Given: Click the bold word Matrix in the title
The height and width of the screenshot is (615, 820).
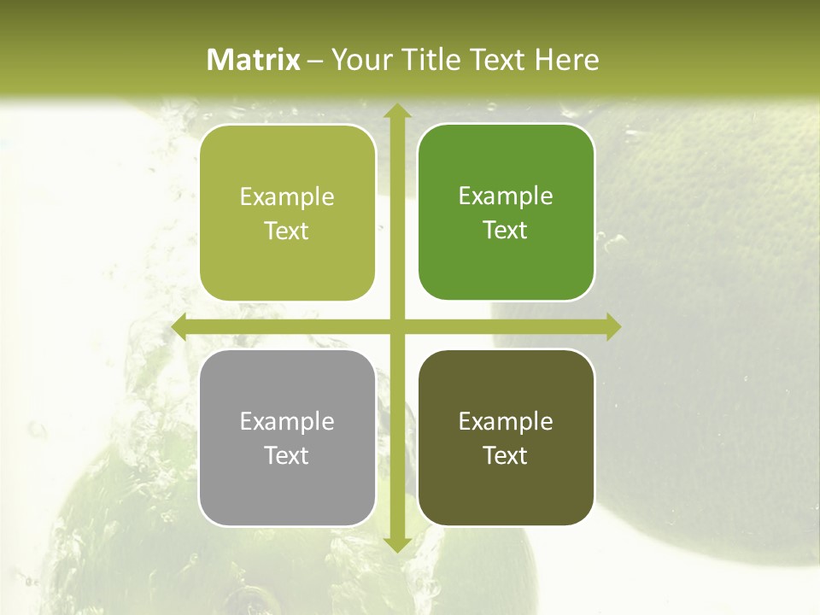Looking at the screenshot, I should tap(254, 60).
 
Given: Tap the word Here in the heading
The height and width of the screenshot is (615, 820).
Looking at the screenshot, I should tap(566, 60).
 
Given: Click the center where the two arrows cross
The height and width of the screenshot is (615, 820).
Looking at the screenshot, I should tap(396, 327).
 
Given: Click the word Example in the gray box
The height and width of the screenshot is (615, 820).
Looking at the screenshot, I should tap(287, 422).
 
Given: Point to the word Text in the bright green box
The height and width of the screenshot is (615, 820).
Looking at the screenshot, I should tap(506, 231).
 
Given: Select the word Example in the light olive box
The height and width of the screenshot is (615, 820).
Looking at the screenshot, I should tap(287, 197).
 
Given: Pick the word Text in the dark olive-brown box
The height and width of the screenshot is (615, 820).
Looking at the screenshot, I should tap(506, 455).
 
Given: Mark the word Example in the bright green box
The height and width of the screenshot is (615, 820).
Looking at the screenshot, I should tap(506, 196).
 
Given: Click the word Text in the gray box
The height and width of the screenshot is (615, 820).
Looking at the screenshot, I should tap(287, 455).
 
